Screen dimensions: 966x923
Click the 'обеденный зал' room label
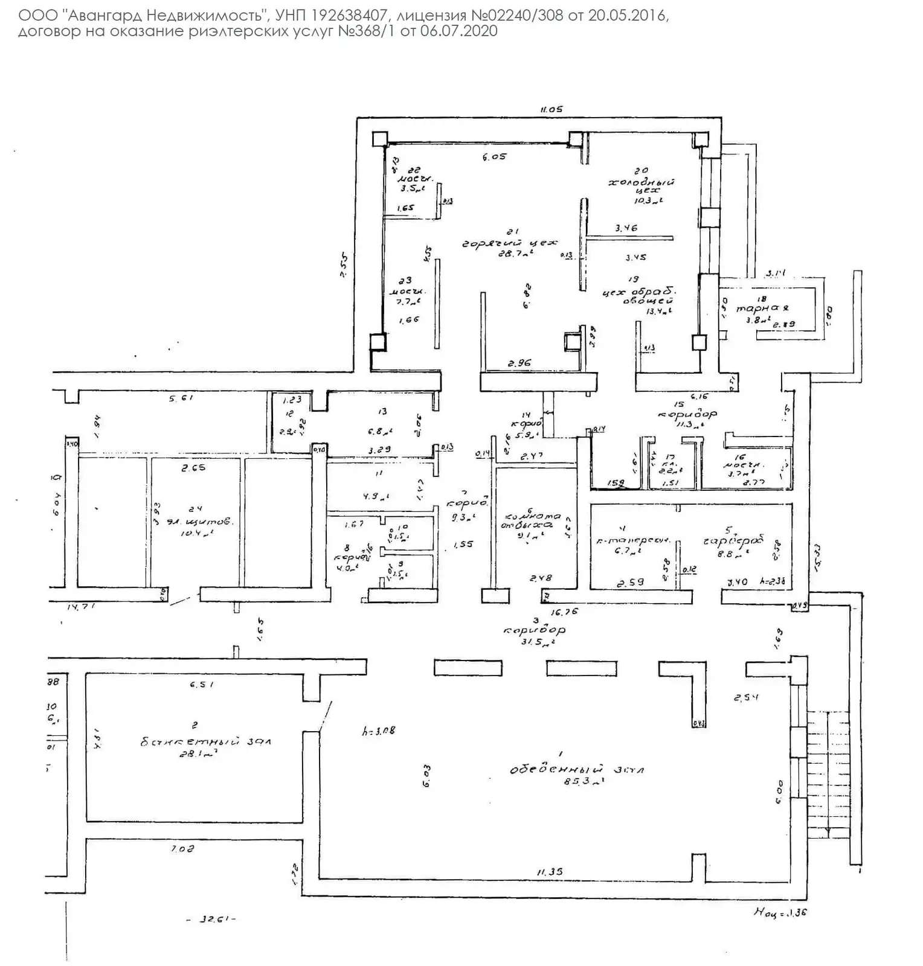577,770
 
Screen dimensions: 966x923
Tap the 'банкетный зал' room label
206,741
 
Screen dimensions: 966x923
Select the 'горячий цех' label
509,243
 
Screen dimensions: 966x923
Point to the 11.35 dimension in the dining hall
550,871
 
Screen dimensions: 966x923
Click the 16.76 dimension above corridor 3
565,612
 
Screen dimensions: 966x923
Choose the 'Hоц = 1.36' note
780,912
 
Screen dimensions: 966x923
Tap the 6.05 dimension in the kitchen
494,157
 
